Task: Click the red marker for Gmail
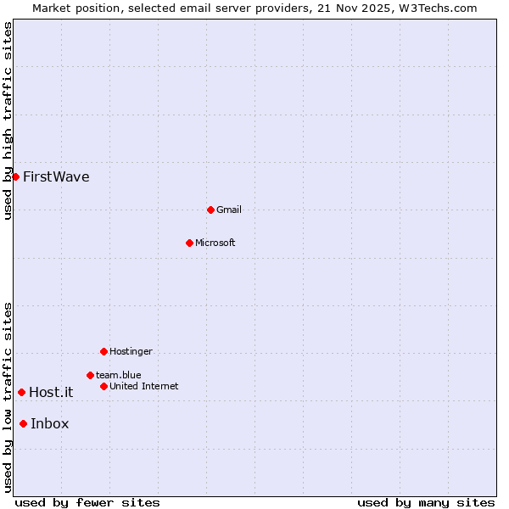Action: coord(210,210)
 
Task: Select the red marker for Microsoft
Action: coord(189,243)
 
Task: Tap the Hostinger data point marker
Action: coord(103,351)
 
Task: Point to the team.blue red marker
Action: coord(90,375)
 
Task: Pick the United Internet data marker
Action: coord(103,386)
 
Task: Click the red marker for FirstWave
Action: coord(15,176)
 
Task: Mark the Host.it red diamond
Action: coord(21,392)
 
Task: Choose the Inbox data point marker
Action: coord(23,424)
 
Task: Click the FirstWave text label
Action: coord(56,177)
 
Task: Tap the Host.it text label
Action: coord(51,392)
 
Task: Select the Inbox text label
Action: coord(50,424)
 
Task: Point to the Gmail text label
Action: coord(229,210)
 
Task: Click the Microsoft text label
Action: coord(215,243)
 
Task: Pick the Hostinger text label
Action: coord(131,351)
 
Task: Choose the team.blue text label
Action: coord(119,375)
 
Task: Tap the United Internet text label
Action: coord(144,386)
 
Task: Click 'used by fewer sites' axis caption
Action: coord(87,502)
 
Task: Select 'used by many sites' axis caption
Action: coord(426,502)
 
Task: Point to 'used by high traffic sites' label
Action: coord(8,121)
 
